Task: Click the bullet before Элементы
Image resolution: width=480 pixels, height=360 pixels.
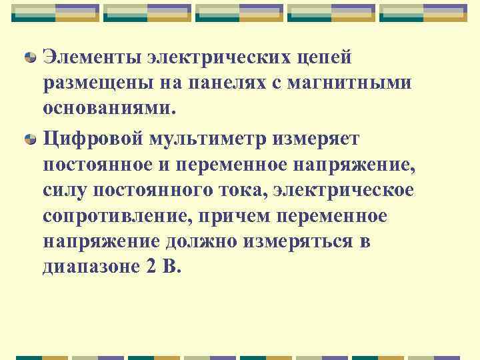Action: pos(31,59)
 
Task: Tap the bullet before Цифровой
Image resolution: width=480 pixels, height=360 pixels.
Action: pos(31,140)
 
